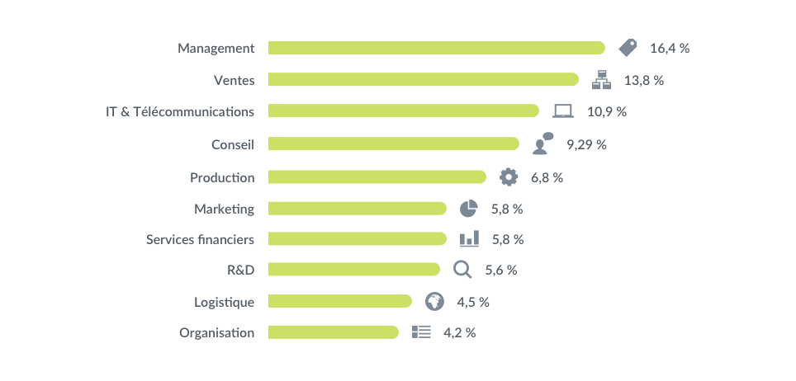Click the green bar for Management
(436, 48)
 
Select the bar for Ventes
(423, 79)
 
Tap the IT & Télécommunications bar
(403, 111)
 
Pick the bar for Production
(377, 176)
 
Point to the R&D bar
(353, 269)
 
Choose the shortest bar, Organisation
(333, 332)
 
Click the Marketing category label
(225, 209)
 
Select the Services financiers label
(200, 239)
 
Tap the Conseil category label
(232, 144)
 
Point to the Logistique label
(224, 302)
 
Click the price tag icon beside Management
(628, 48)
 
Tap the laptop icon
(563, 111)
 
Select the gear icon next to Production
(509, 176)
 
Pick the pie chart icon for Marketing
(469, 209)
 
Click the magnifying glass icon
(463, 270)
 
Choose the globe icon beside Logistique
(434, 302)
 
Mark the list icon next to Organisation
(422, 332)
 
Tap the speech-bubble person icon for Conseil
(543, 143)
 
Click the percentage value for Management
(669, 48)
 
